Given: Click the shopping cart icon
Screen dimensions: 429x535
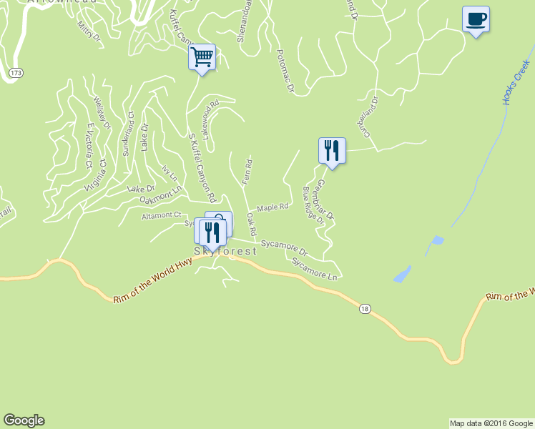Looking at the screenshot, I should [202, 56].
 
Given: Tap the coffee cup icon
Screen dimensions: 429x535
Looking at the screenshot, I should [476, 19].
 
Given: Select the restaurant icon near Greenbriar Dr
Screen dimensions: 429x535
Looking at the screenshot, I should [332, 151].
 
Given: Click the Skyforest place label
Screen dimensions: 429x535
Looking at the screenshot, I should [226, 252].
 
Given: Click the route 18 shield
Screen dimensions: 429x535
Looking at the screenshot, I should [365, 308].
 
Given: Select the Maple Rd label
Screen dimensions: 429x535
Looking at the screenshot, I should [273, 207].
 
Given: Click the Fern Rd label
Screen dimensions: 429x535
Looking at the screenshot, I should [247, 172].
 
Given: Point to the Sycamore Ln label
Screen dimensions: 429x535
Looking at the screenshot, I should [315, 270].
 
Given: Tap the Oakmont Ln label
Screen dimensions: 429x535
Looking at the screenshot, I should [161, 198].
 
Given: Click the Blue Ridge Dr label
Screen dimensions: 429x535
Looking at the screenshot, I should [313, 206].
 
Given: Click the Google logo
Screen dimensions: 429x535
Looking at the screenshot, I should [24, 420].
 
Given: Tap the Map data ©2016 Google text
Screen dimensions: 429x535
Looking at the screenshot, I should [491, 423].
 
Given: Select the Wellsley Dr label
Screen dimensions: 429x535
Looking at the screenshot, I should [102, 114].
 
